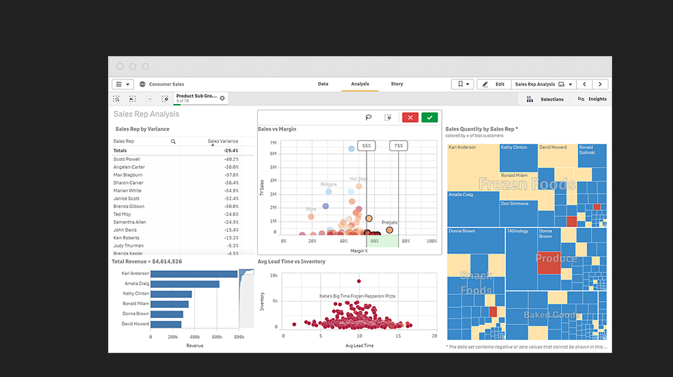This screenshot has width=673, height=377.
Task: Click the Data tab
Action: pos(323,84)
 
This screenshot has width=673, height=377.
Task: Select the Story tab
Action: pos(397,84)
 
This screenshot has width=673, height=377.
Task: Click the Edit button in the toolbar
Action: pos(494,84)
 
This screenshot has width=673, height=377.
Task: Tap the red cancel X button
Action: pos(410,118)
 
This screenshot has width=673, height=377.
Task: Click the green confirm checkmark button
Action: pos(430,118)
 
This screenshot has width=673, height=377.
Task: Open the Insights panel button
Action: pos(592,99)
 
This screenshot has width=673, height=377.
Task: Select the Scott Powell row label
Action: pos(127,159)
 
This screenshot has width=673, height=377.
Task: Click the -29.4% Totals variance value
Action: pos(230,151)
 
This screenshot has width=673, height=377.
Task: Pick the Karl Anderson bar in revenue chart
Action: pos(194,274)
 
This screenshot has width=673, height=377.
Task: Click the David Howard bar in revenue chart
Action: pos(166,324)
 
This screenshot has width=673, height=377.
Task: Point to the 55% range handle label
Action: pos(367,146)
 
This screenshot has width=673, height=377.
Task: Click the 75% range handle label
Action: pos(398,146)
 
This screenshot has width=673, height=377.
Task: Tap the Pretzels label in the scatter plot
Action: pos(389,222)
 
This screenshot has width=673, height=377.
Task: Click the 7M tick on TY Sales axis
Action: pos(273,143)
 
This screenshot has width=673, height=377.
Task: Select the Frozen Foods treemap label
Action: pos(527,184)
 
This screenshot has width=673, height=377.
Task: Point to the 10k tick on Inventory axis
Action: pos(272,276)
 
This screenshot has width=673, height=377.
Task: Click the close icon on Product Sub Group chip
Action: pos(222,99)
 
